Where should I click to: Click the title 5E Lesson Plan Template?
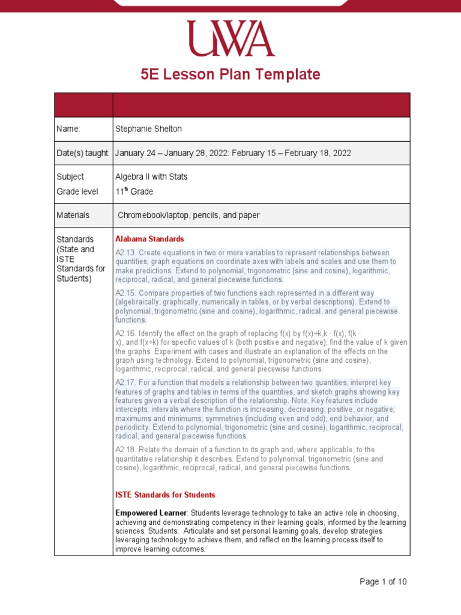pyautogui.click(x=230, y=74)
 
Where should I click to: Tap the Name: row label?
pyautogui.click(x=68, y=129)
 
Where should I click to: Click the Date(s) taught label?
pyautogui.click(x=82, y=153)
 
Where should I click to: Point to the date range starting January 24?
pyautogui.click(x=233, y=153)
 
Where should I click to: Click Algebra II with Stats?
pyautogui.click(x=151, y=177)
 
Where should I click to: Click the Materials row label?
pyautogui.click(x=73, y=215)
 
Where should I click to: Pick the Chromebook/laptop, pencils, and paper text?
pyautogui.click(x=188, y=215)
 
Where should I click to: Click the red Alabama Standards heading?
pyautogui.click(x=149, y=239)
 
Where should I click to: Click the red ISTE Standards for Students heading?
pyautogui.click(x=165, y=495)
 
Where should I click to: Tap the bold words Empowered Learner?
pyautogui.click(x=151, y=513)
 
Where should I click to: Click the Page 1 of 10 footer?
pyautogui.click(x=383, y=581)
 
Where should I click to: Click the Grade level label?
pyautogui.click(x=74, y=192)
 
